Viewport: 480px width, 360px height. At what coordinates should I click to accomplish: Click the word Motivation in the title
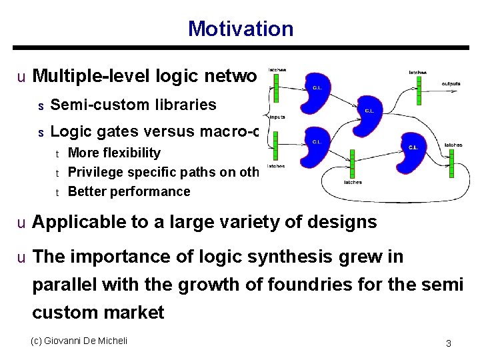240,29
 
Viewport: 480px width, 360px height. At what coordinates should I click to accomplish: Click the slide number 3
449,343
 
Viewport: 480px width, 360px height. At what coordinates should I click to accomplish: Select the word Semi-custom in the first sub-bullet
90,105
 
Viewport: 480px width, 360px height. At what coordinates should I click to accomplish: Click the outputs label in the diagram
451,84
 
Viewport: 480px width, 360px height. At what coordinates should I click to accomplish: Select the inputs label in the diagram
277,116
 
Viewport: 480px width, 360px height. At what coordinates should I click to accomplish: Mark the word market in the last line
134,313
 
